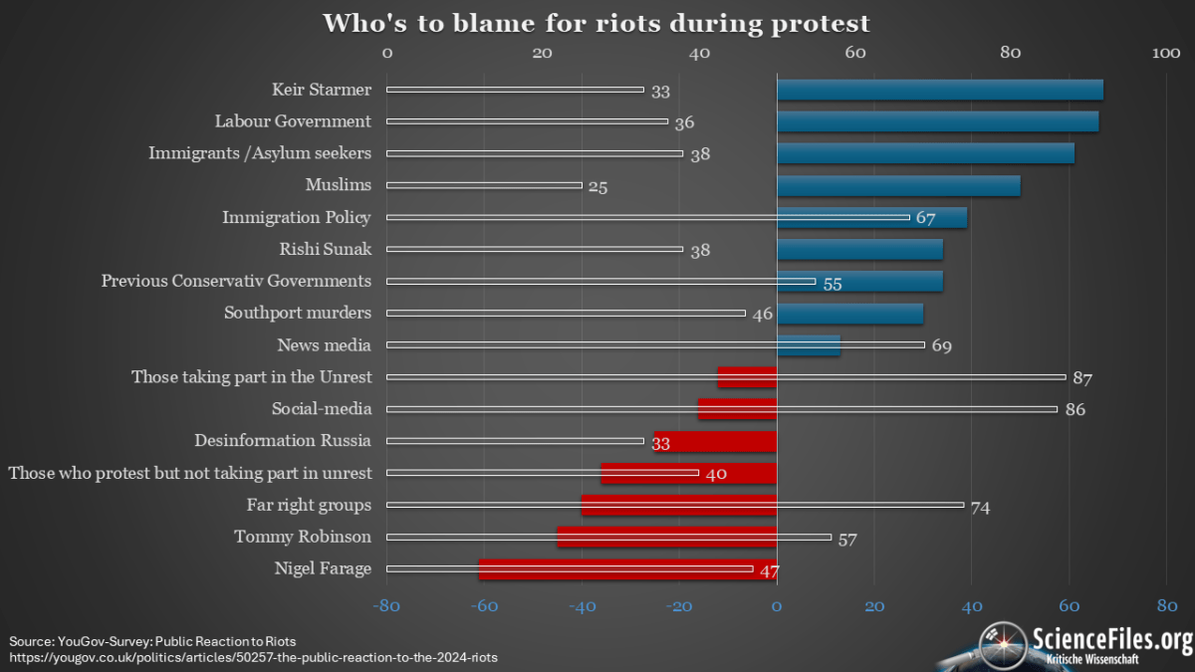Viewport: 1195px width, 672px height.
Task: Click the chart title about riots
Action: point(596,23)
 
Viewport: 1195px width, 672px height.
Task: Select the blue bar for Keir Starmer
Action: point(939,90)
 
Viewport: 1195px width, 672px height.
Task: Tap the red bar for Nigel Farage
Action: point(627,569)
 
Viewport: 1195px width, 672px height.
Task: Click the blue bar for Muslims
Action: point(898,185)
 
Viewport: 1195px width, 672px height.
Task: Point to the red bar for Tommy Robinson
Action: point(666,538)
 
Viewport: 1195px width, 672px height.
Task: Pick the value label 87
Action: point(1082,378)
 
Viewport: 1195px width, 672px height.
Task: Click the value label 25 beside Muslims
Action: point(597,186)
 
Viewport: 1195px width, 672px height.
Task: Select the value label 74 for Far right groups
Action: point(980,507)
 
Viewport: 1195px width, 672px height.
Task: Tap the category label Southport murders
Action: point(298,313)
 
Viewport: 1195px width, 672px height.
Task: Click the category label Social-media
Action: point(322,408)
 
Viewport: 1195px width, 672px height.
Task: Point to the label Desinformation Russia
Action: point(283,440)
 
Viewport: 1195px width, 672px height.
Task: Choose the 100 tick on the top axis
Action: point(1166,53)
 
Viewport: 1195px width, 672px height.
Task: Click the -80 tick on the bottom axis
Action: point(385,605)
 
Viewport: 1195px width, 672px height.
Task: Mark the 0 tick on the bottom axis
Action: point(777,605)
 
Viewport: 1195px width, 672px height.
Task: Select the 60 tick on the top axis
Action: point(854,53)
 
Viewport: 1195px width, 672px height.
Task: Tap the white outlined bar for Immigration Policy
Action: point(647,217)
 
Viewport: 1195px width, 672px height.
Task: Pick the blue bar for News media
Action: point(809,345)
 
